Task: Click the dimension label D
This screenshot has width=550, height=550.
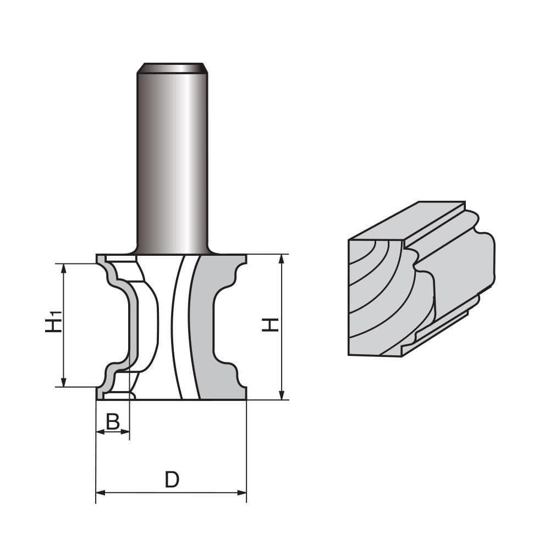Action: click(172, 480)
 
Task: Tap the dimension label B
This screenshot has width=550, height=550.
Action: click(113, 422)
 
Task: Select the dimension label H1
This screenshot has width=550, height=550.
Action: click(54, 322)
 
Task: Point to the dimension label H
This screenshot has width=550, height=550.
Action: click(270, 324)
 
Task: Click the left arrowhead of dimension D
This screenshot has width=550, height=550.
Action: click(101, 493)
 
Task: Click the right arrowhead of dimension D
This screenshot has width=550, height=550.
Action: click(242, 493)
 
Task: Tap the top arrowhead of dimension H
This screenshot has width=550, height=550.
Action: click(281, 259)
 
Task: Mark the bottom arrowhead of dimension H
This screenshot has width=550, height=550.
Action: click(281, 395)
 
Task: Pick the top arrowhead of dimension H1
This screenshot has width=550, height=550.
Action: click(63, 268)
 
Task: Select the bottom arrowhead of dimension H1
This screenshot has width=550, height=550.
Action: click(63, 382)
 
